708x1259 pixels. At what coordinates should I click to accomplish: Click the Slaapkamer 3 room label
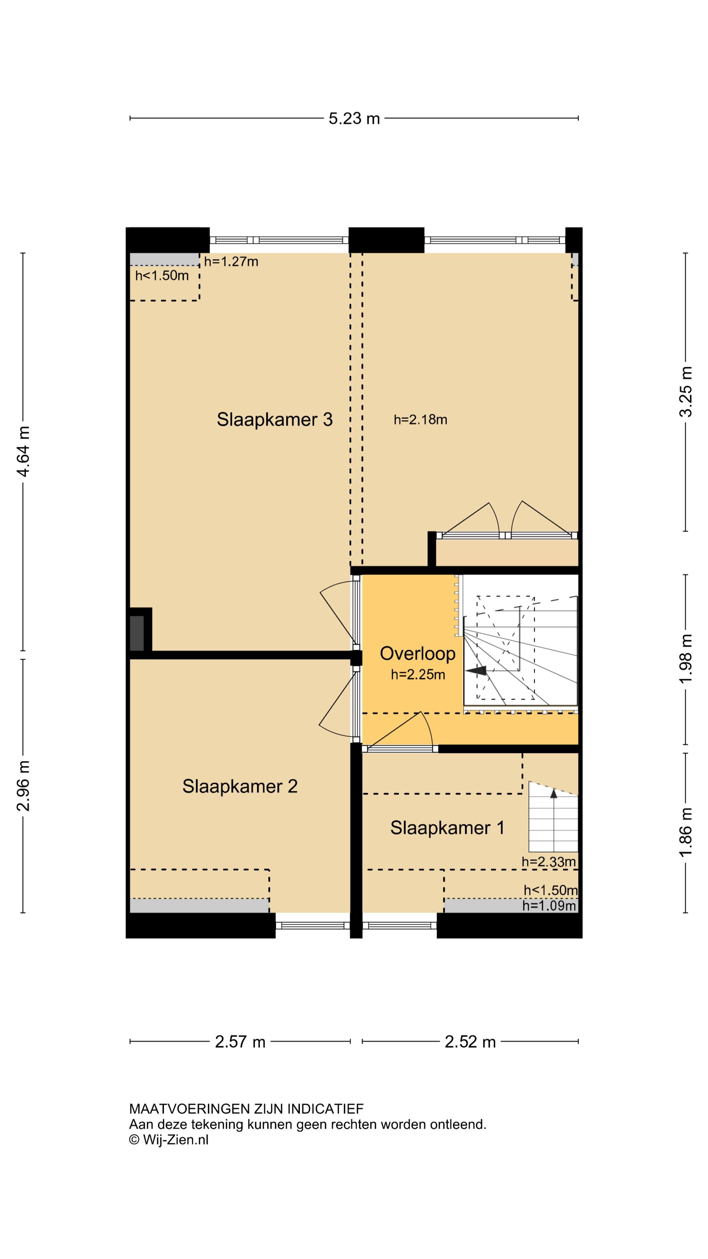275,419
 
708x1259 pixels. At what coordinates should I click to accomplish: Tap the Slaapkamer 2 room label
240,786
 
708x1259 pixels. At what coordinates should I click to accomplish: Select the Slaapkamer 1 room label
447,828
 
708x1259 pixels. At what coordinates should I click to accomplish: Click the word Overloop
418,653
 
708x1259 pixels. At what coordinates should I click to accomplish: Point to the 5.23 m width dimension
354,118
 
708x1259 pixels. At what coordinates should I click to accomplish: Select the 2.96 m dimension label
23,786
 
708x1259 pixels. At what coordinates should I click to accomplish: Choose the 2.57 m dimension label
240,1042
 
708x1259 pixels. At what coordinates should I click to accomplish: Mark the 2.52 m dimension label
470,1042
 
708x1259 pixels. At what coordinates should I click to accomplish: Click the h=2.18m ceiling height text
420,419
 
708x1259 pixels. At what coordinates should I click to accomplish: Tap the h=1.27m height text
231,262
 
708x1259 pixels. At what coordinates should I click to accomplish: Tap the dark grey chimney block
137,633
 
